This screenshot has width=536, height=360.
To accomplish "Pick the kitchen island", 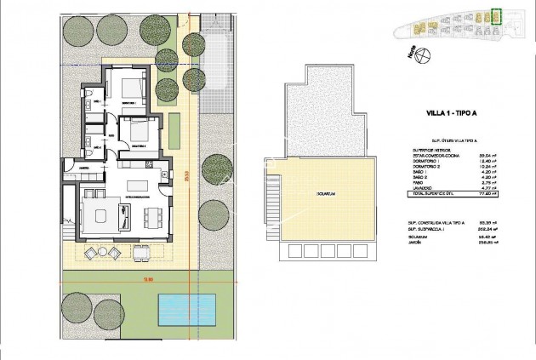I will [x=135, y=186].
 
